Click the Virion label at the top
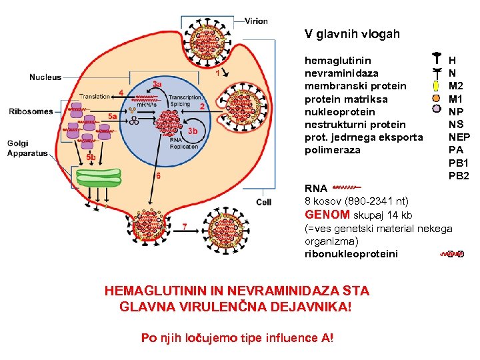[x=256, y=21]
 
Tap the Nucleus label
[x=45, y=77]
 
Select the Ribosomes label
[x=31, y=111]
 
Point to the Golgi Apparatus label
[x=27, y=148]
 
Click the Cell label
[x=264, y=202]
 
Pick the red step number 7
[x=185, y=227]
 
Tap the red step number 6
[x=158, y=176]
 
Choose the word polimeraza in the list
[x=332, y=149]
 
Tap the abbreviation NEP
[x=459, y=137]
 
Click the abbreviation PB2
[x=459, y=175]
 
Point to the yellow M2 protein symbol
[x=435, y=86]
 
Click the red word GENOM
[x=327, y=215]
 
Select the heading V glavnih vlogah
[x=352, y=33]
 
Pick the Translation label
[x=95, y=97]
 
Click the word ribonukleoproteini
[x=351, y=253]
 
